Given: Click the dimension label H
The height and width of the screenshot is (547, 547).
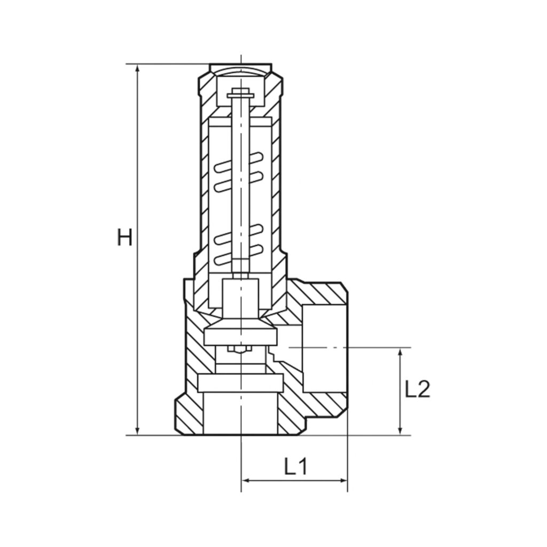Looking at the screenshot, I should [124, 238].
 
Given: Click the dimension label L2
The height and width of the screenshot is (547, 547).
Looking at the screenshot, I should [417, 390].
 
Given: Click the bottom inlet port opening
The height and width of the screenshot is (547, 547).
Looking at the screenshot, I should [241, 414].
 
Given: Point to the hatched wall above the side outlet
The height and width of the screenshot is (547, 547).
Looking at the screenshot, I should [321, 292].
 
